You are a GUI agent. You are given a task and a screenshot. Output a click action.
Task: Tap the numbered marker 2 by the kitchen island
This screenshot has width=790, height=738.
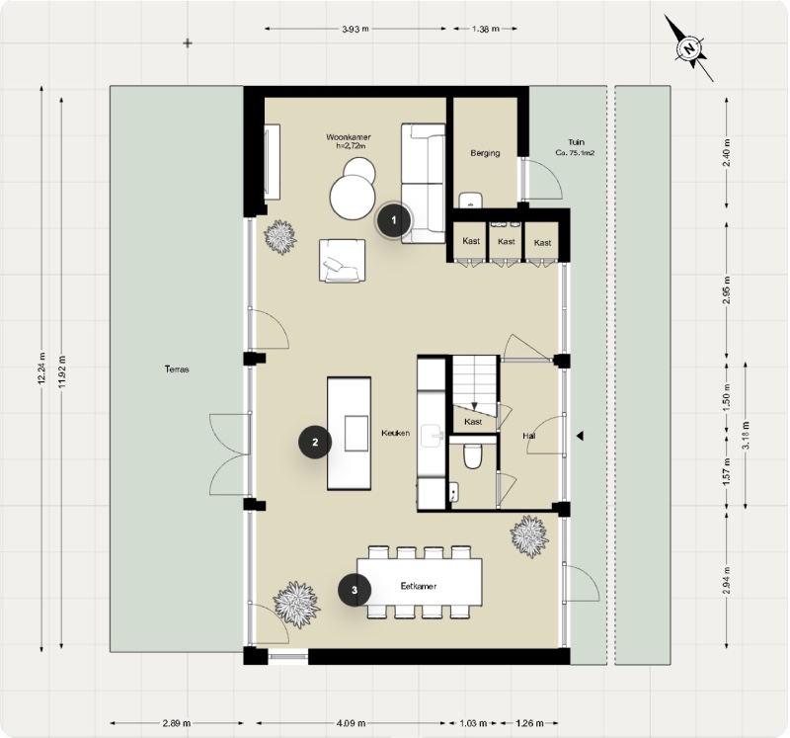coord(315,443)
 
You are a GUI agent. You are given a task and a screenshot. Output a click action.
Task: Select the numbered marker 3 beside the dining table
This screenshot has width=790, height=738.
coord(355,591)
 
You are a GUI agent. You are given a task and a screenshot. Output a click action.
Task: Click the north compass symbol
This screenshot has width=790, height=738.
coord(690,47)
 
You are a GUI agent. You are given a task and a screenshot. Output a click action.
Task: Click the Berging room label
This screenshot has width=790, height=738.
coord(485,153)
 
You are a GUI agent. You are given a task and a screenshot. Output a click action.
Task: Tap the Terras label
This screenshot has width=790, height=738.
coord(177,369)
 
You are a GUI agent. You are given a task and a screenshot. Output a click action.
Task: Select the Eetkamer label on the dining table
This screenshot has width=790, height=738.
coord(419,586)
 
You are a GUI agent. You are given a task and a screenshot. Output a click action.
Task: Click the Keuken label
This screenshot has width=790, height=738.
coord(396,433)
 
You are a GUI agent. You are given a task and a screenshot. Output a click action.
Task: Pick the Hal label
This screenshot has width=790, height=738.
coord(529,435)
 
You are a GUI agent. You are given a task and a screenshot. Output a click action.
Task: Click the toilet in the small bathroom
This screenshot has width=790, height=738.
coord(472,455)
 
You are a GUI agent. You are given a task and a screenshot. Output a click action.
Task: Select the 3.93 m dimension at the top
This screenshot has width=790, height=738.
coord(355,30)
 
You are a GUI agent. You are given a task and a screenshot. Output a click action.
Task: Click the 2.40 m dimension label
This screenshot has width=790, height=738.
coord(727,154)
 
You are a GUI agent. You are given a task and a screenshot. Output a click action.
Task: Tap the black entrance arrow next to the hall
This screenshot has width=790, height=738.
coord(581,435)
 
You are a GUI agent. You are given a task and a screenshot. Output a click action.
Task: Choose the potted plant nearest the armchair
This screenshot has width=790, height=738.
coord(280,237)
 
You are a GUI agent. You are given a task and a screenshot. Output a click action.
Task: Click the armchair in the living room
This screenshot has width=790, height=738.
coord(342,261)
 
